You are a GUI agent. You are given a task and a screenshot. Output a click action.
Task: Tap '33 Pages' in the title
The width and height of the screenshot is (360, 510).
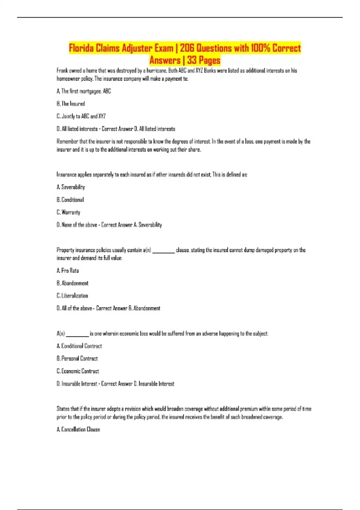point(204,60)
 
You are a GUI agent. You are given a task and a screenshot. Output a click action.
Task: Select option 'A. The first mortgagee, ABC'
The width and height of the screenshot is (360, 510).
point(84,91)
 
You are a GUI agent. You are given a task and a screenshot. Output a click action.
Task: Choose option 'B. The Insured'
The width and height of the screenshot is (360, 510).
point(71,104)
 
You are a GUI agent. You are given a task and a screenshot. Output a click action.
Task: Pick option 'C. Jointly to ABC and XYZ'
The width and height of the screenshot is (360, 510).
point(81,116)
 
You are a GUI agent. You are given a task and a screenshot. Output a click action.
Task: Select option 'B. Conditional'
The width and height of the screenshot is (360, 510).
point(70,200)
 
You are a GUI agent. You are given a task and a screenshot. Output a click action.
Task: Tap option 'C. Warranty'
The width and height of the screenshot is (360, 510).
point(68,212)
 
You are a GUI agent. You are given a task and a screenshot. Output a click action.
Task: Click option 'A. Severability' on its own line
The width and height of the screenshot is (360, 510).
point(71,187)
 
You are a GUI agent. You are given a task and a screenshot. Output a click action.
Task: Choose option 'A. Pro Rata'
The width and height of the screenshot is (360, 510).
point(68,271)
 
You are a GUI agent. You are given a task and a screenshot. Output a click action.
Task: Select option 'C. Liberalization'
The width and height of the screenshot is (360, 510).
point(72,296)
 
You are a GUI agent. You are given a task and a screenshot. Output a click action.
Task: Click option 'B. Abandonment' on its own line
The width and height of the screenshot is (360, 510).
point(73,283)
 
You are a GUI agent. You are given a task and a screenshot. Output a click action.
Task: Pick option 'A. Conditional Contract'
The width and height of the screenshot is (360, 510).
point(79,346)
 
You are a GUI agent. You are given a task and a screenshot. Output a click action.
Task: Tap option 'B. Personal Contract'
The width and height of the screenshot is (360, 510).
point(77,358)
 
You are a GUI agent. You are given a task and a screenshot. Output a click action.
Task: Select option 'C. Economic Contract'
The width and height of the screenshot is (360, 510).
point(78,371)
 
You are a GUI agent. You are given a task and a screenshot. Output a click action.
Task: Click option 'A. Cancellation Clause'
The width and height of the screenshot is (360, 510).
point(78,430)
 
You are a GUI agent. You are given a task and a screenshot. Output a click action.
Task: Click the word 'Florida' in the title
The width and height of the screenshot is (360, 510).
point(81,48)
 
